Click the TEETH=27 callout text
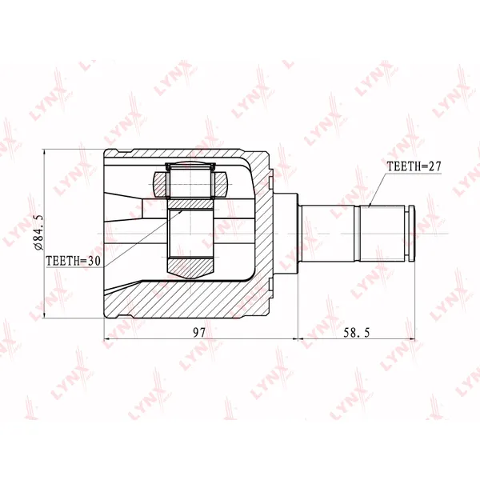click(x=414, y=166)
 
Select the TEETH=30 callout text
click(x=73, y=261)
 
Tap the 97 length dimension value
click(x=199, y=333)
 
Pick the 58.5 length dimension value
click(x=356, y=333)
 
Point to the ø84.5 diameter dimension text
click(x=39, y=233)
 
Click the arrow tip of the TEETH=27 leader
click(x=369, y=207)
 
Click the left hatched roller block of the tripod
click(x=161, y=184)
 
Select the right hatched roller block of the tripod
click(x=220, y=184)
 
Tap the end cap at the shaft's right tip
click(x=411, y=234)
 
